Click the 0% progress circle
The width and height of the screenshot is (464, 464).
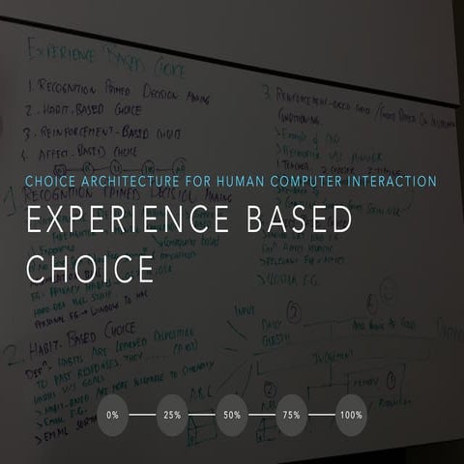[113, 415]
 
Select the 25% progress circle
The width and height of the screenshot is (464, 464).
[173, 415]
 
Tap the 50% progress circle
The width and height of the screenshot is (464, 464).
[232, 415]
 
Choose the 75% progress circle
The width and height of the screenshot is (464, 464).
[292, 415]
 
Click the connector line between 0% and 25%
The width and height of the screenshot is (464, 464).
[143, 415]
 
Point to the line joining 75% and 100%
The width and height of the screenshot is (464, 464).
[322, 415]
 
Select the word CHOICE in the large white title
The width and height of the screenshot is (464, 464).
[91, 268]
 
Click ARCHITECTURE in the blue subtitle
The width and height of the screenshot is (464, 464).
[131, 181]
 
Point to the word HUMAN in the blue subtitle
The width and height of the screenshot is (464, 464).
[237, 181]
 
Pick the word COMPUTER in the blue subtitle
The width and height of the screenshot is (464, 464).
[305, 181]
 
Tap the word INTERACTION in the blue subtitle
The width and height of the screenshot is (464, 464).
[391, 181]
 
